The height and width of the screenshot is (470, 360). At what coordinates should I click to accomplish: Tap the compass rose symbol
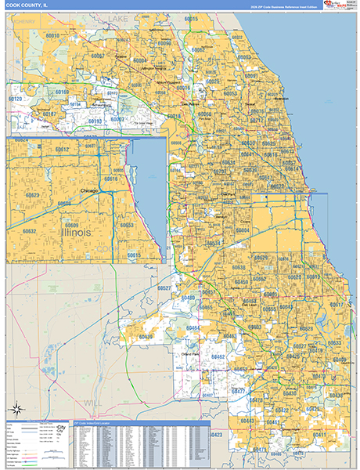coord(16,409)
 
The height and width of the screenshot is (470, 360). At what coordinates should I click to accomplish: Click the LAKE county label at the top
coord(117,16)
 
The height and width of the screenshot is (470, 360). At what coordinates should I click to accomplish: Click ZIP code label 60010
coord(52,36)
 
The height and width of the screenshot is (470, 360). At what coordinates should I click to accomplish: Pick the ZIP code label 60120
coord(15,99)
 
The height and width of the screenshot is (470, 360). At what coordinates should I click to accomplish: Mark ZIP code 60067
coord(97,56)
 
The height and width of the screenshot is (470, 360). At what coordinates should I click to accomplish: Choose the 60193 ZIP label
coord(95,121)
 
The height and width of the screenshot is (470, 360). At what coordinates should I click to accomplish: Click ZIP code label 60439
coord(146,337)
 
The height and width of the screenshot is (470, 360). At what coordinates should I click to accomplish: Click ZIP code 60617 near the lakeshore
coord(335,304)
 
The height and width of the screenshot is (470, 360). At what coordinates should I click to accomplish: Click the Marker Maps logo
coord(339,6)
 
